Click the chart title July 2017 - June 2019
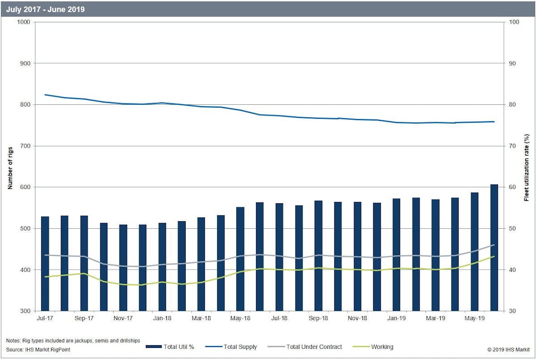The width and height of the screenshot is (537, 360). [45, 9]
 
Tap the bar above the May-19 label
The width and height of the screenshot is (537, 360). [474, 251]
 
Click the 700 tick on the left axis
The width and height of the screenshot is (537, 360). [25, 146]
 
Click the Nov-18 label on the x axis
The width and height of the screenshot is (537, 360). [357, 318]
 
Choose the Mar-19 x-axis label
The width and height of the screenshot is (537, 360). [435, 318]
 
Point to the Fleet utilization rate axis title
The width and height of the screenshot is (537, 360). [527, 167]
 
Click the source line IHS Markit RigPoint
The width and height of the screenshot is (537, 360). [38, 349]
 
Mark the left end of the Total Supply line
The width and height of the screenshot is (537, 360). [45, 94]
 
